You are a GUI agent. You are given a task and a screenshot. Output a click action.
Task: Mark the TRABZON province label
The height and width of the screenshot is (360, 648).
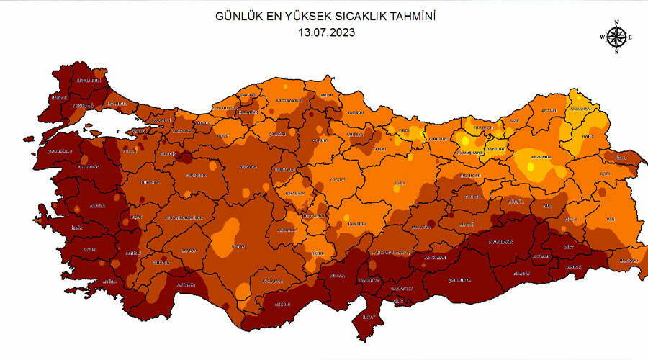tap(482, 127)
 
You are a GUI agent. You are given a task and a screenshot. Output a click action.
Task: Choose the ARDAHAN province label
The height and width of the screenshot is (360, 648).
tap(580, 109)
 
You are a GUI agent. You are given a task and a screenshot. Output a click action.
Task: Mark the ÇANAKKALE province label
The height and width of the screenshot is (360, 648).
tap(60, 152)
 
